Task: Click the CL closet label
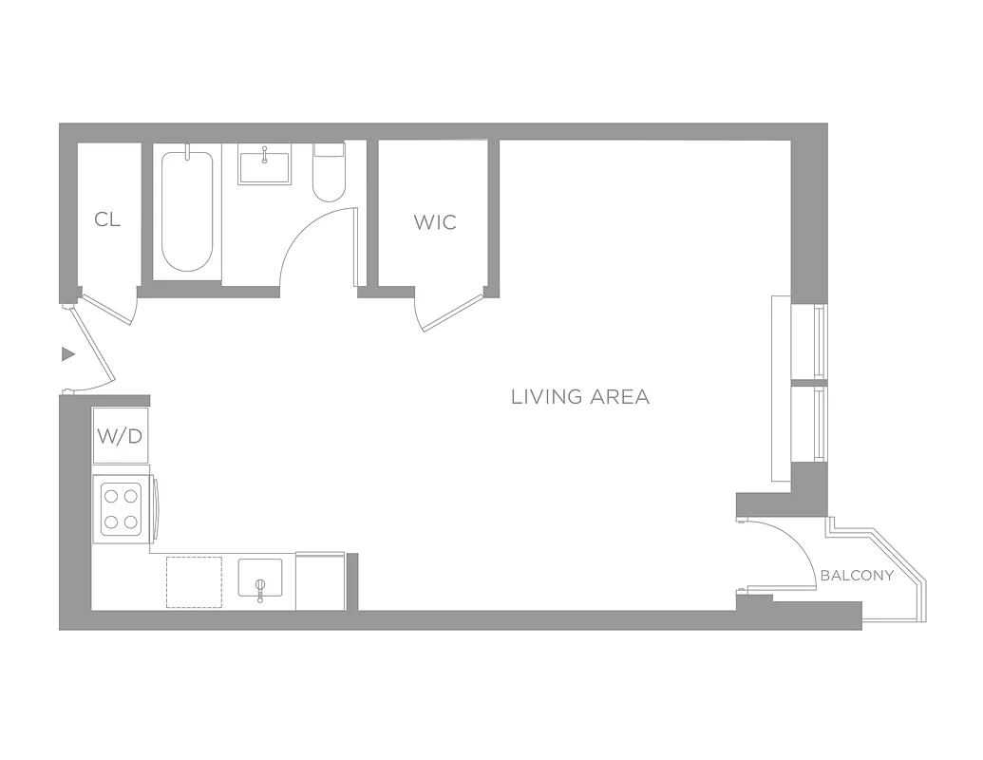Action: pos(107,220)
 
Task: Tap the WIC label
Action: pos(435,222)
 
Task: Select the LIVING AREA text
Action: pos(580,397)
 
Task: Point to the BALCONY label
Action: pos(857,576)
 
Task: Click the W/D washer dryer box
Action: pos(121,436)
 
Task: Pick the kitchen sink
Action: pos(259,579)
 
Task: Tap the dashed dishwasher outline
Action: pos(194,581)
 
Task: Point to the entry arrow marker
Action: pos(67,354)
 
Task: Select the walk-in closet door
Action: pos(452,313)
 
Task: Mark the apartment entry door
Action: pos(93,346)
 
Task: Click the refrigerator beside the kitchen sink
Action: pos(320,580)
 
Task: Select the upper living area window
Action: pos(819,340)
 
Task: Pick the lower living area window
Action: pos(819,424)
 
